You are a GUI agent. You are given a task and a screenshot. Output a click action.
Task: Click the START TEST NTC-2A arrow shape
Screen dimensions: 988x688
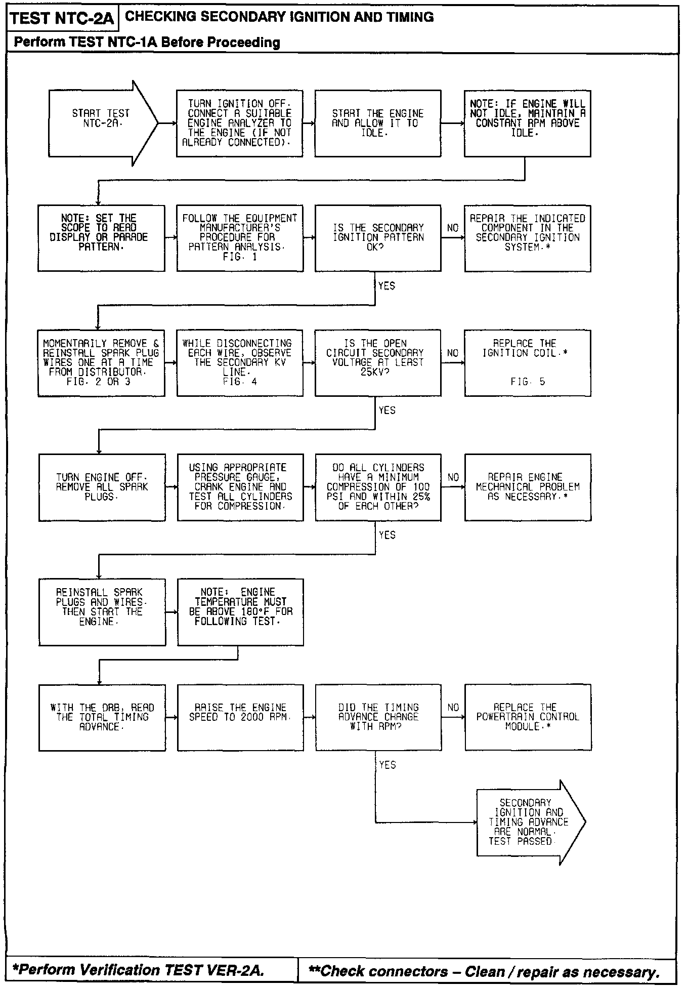(101, 123)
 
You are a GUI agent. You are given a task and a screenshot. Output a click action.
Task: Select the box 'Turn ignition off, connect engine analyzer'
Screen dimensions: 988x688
(239, 124)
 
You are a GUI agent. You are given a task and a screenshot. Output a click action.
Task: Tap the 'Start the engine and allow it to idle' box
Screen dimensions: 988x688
(377, 124)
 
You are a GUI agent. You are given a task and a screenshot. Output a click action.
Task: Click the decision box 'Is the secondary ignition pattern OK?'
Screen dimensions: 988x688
(377, 238)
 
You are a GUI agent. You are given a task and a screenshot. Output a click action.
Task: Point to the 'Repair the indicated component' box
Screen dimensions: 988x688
(527, 238)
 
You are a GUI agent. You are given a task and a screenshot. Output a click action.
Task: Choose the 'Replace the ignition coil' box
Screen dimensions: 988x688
(527, 362)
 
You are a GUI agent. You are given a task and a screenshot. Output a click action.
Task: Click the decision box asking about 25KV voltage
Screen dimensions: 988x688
(377, 362)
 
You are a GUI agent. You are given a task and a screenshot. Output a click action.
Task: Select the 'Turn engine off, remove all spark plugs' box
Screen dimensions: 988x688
(102, 487)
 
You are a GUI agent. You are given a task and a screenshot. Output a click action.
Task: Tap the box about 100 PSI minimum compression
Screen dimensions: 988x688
(377, 487)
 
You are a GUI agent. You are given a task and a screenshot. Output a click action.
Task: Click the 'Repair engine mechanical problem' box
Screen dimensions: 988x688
(527, 487)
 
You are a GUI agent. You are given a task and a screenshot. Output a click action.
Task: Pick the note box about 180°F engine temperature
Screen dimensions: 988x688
(240, 611)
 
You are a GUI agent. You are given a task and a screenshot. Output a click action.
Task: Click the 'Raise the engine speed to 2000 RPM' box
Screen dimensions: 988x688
(240, 717)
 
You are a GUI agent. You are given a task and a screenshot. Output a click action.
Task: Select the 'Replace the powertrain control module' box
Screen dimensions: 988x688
(527, 717)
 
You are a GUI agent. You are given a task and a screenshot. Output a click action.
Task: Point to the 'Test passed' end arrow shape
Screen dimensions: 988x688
(529, 821)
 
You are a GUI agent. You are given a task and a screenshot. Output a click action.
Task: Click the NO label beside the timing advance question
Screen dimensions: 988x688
(453, 708)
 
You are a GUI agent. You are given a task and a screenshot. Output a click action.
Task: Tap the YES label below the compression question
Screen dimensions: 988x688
(387, 535)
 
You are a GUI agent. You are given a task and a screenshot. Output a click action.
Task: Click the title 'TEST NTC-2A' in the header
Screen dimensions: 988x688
(62, 19)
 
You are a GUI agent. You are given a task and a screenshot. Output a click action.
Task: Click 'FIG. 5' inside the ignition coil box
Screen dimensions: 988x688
(527, 382)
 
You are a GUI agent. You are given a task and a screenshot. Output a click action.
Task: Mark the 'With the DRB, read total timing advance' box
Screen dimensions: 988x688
(102, 717)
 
